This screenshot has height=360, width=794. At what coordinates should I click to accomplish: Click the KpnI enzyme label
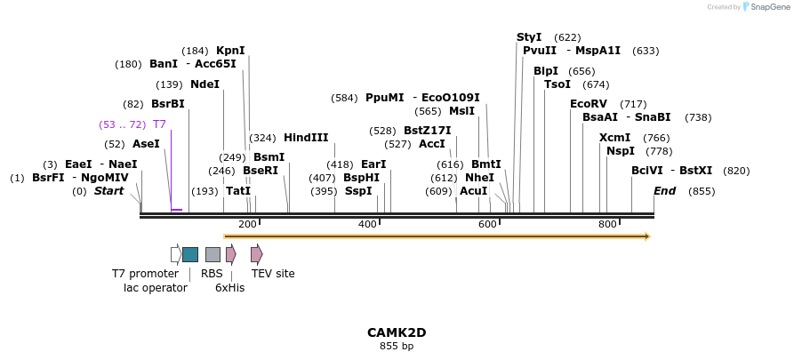[x=230, y=51]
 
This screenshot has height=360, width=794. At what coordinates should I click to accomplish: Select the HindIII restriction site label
[x=306, y=138]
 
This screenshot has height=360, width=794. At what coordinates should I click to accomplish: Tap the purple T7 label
[x=159, y=124]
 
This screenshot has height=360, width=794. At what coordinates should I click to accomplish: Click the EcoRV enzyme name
[x=588, y=104]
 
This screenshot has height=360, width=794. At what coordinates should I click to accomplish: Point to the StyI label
[x=529, y=37]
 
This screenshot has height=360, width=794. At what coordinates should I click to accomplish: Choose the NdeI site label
[x=205, y=84]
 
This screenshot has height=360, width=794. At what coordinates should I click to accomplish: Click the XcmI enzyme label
[x=614, y=138]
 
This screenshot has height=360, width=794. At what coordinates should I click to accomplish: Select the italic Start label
[x=109, y=191]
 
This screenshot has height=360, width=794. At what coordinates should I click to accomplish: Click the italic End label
[x=664, y=191]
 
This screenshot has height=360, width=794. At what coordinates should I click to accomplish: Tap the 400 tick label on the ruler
[x=367, y=224]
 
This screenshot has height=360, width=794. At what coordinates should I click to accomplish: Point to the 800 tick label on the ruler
[x=607, y=224]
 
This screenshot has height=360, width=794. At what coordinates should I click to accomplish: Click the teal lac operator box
[x=190, y=254]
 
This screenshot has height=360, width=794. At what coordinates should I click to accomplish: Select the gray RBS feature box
[x=213, y=254]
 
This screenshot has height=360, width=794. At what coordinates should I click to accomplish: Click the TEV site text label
[x=273, y=274]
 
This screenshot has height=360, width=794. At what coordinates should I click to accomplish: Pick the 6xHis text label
[x=229, y=288]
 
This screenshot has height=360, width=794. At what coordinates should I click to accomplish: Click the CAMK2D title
[x=397, y=332]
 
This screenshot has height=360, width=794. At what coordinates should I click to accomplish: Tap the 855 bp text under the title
[x=397, y=347]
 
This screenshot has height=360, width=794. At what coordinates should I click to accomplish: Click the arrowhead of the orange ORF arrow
[x=647, y=236]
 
